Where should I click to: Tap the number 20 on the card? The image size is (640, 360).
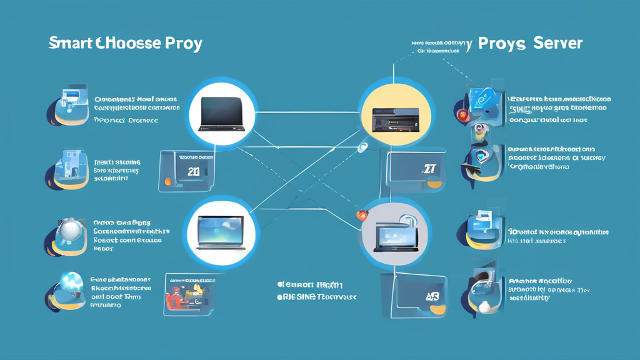(194, 170)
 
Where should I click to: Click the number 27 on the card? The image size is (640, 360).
(429, 169)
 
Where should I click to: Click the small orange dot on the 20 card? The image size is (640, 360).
(167, 182)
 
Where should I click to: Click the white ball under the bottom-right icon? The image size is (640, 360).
(484, 306)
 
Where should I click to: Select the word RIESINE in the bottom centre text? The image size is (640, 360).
(299, 297)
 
